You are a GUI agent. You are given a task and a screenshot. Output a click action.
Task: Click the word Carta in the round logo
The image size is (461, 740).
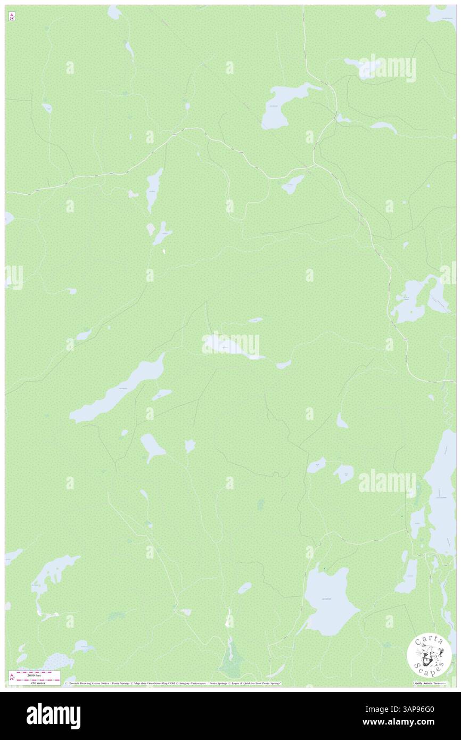(x=429, y=640)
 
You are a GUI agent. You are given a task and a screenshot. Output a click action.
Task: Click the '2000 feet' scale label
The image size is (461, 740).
(x=34, y=676)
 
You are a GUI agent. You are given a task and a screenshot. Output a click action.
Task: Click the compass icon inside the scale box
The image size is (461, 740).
(x=12, y=678)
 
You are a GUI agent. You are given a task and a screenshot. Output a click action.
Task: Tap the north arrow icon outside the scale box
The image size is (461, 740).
(x=12, y=17)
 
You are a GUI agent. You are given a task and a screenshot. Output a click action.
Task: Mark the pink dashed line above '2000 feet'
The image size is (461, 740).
(x=34, y=672)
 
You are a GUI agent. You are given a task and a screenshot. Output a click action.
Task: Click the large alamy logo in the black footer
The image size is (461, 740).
(x=53, y=716)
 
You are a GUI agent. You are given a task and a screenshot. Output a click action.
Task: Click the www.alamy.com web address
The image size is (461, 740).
(x=414, y=723)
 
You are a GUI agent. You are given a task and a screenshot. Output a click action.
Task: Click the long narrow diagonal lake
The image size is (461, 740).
(x=119, y=392)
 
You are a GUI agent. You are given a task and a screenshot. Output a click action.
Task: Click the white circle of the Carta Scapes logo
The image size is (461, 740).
(x=429, y=654)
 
